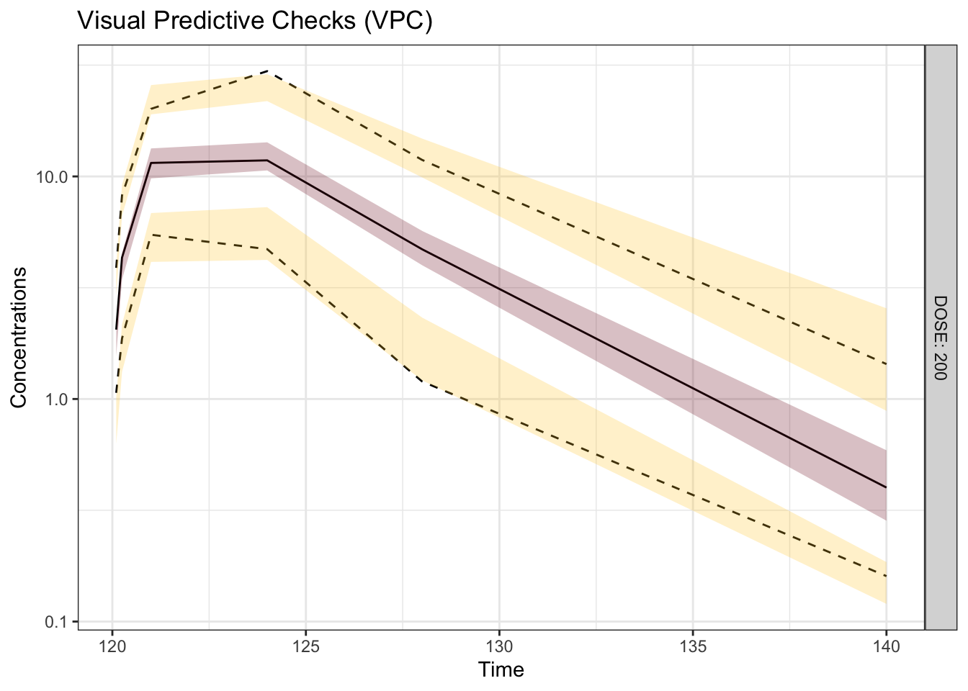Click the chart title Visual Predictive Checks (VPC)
point(255,22)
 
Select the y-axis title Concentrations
point(19,337)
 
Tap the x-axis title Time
point(501,671)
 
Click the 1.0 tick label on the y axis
point(57,399)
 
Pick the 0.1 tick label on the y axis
point(57,621)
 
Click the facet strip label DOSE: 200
point(941,337)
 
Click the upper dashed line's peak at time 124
point(267,71)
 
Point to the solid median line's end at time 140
point(886,487)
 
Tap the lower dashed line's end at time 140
point(886,576)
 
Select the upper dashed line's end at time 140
point(886,364)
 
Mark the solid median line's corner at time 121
point(151,163)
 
